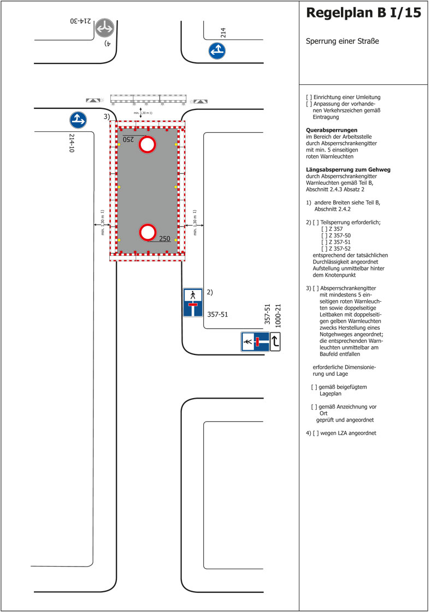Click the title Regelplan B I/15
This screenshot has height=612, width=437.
(x=364, y=13)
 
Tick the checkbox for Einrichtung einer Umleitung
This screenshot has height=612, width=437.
(x=309, y=97)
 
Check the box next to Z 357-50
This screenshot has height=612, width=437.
(x=325, y=235)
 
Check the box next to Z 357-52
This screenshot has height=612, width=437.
(x=325, y=248)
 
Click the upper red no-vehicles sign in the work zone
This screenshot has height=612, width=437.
(x=148, y=145)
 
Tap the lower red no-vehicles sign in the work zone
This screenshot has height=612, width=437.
(x=148, y=232)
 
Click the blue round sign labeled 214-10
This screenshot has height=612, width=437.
(x=78, y=120)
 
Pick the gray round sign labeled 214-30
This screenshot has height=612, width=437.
(x=104, y=28)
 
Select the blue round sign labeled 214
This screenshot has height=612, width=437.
(x=217, y=50)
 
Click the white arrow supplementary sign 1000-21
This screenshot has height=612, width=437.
(x=275, y=342)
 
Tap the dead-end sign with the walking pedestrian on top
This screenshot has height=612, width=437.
(x=192, y=302)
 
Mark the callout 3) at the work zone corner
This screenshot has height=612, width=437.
(x=107, y=116)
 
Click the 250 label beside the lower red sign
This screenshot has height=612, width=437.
(x=164, y=238)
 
